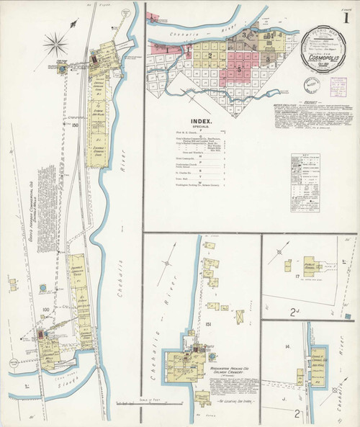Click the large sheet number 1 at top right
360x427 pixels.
pyautogui.click(x=348, y=15)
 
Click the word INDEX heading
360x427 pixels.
pyautogui.click(x=202, y=122)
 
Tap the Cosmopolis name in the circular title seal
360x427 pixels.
pyautogui.click(x=325, y=53)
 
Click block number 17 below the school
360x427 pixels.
pyautogui.click(x=296, y=276)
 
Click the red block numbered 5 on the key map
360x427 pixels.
pyautogui.click(x=238, y=69)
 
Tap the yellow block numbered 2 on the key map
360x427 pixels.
pyautogui.click(x=211, y=55)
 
